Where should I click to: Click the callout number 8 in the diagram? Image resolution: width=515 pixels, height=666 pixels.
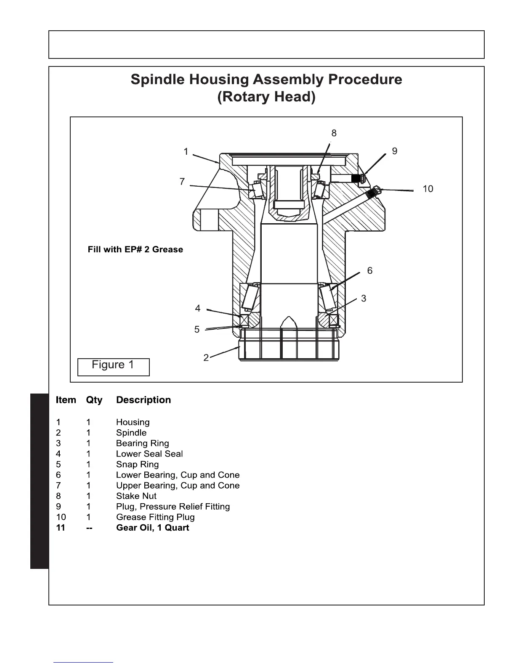(334, 133)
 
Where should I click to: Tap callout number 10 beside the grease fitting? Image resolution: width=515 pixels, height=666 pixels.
(427, 189)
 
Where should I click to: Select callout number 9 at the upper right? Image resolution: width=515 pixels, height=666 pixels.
(394, 151)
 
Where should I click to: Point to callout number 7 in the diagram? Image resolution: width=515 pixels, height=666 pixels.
(182, 182)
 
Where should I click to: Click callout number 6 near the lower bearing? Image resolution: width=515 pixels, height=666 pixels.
(369, 271)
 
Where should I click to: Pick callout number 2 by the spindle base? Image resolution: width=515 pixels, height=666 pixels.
(206, 358)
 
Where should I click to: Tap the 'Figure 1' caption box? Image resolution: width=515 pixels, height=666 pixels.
(113, 365)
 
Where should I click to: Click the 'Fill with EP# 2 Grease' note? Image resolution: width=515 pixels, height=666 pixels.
(135, 249)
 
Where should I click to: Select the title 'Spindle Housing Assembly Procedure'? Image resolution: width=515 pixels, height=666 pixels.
(266, 79)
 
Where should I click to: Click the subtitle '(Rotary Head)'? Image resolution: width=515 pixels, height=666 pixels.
(266, 97)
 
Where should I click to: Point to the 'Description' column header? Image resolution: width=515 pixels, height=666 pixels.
(143, 400)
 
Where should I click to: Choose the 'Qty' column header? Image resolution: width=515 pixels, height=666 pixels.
(94, 400)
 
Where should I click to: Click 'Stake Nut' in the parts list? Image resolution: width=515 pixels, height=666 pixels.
(136, 496)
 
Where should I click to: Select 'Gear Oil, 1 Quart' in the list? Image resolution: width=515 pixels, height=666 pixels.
(152, 528)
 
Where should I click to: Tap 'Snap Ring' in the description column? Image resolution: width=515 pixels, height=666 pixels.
(138, 465)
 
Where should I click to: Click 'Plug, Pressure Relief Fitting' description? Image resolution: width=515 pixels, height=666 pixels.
(173, 507)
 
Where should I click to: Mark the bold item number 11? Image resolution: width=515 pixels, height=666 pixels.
(61, 528)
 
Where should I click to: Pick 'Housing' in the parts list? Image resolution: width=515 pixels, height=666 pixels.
(133, 422)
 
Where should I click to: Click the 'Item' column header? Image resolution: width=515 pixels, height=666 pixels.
(66, 400)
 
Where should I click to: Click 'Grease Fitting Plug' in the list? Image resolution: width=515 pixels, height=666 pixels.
(155, 517)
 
